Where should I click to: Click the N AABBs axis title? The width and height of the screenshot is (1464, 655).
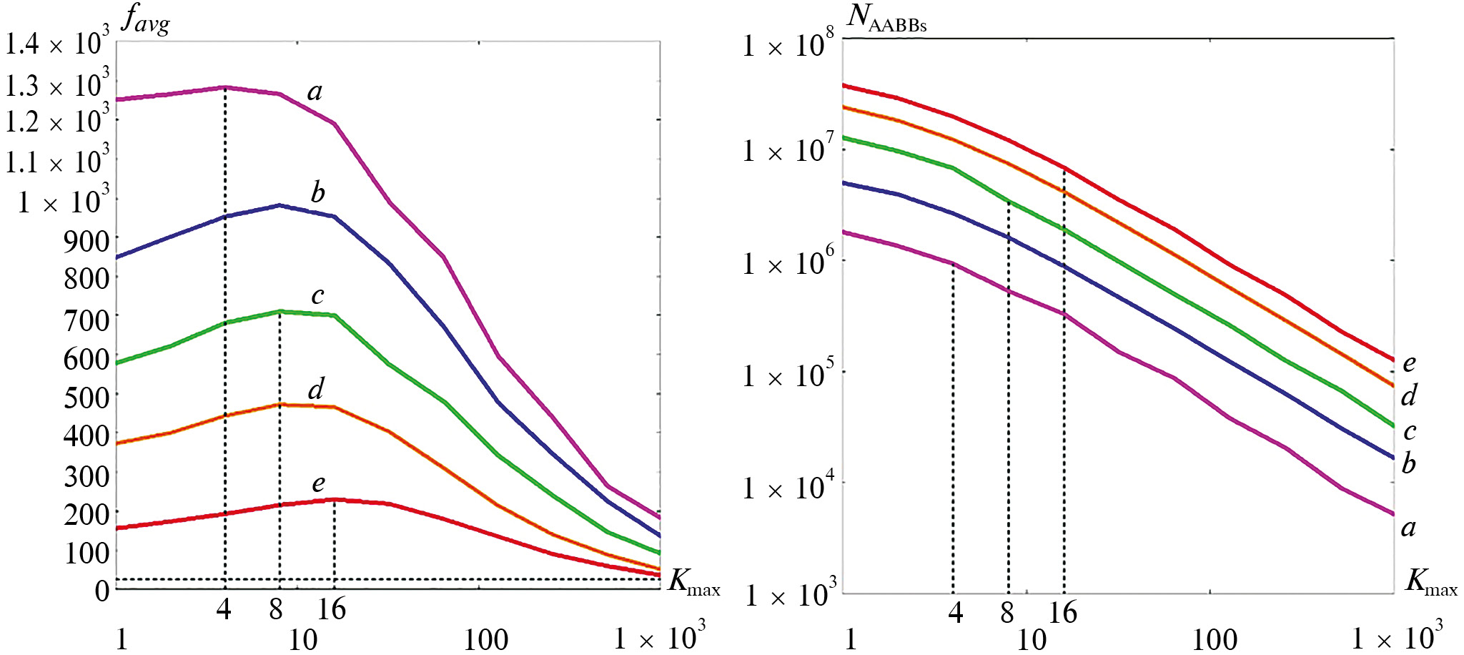pos(886,17)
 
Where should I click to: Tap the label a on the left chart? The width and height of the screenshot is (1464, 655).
pos(315,91)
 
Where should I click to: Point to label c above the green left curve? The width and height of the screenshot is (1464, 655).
pos(317,295)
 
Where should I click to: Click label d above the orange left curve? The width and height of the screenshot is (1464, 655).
pos(315,389)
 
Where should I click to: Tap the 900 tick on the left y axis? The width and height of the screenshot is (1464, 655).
pos(86,242)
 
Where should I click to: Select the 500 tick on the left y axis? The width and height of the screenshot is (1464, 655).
pos(86,397)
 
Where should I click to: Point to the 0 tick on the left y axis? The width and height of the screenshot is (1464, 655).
pos(102,591)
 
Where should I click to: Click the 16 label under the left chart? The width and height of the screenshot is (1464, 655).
pos(332,609)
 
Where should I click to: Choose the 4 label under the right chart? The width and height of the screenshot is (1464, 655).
pos(955,612)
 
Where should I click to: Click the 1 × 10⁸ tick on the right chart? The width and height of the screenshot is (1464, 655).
pos(788,45)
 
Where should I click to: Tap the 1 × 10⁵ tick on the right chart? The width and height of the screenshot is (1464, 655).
pos(788,375)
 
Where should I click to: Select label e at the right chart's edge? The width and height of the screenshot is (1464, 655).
pos(1409,363)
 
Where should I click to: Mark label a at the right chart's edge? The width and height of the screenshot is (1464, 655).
pos(1408,528)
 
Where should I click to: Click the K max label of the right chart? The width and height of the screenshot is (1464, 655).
pos(1430,582)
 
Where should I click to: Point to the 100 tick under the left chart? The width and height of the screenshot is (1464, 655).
pos(486,639)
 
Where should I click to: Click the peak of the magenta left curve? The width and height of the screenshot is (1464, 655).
pos(225,87)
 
